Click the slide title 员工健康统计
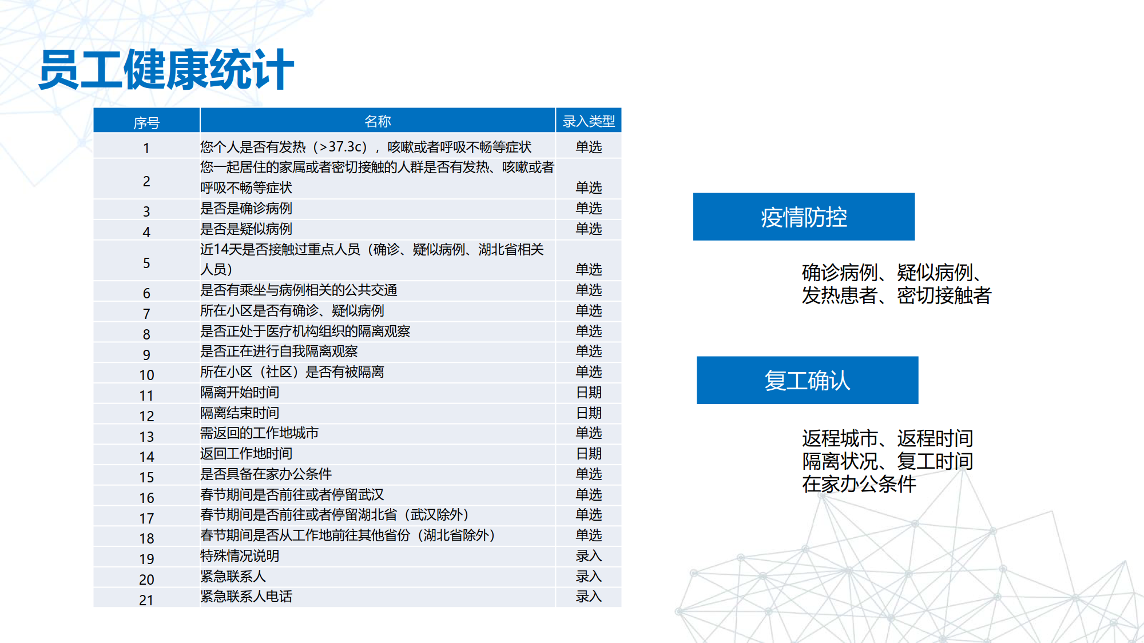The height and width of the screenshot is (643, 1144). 166,70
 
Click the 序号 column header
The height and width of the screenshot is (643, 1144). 146,122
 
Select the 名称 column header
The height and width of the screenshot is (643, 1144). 378,121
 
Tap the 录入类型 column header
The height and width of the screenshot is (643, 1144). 589,121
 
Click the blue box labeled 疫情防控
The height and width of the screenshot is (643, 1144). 804,217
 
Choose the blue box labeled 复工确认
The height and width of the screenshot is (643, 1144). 807,380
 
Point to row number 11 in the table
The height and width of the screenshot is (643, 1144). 146,396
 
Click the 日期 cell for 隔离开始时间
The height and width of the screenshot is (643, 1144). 589,393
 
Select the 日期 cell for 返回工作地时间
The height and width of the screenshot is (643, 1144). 589,454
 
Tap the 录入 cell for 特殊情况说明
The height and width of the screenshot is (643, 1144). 589,556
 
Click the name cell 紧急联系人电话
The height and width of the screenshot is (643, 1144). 246,597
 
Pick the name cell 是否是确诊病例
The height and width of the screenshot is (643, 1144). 246,209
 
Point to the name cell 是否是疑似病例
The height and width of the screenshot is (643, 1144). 246,229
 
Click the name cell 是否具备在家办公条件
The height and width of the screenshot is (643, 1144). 266,474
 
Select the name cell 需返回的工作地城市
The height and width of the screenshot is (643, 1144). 259,433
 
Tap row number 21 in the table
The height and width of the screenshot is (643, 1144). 146,600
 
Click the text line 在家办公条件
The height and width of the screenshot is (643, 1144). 859,484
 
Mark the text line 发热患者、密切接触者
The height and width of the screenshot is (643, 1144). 896,295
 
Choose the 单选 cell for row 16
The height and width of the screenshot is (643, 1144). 589,495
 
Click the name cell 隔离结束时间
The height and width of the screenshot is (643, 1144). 240,413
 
